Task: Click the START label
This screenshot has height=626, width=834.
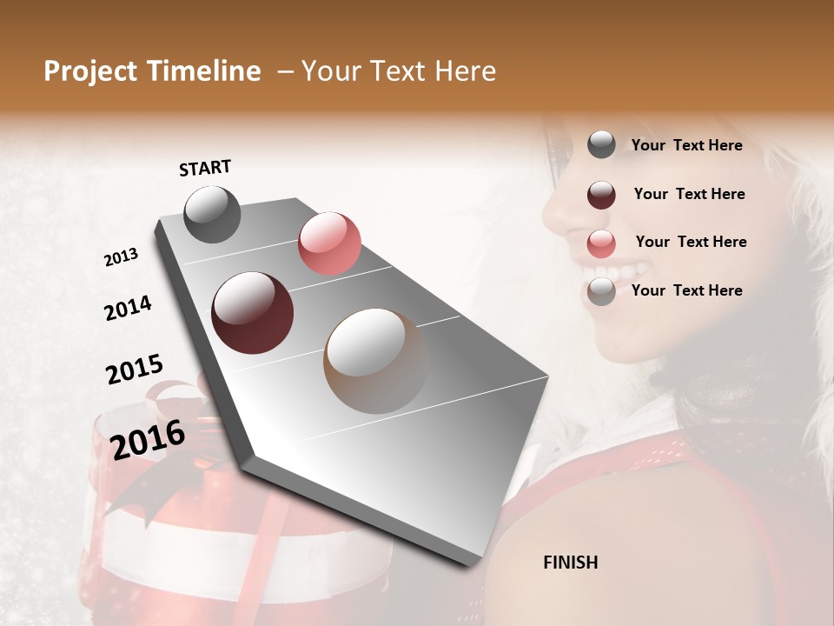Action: click(205, 168)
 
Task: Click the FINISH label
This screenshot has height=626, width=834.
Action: click(570, 563)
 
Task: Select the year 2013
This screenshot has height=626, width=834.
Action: click(121, 257)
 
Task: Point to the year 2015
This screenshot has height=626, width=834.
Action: click(134, 370)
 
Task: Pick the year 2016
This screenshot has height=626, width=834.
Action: click(148, 439)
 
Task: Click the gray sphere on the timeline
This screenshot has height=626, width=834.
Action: click(212, 214)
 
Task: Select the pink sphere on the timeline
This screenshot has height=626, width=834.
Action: click(329, 243)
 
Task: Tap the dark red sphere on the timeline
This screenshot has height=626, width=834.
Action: click(252, 312)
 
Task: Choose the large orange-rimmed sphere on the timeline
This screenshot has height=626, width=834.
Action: click(375, 360)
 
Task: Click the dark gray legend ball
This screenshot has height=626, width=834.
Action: click(601, 145)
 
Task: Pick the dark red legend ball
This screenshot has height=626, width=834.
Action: click(601, 195)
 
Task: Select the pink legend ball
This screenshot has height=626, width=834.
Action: click(601, 243)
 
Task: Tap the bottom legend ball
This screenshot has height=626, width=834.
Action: click(601, 291)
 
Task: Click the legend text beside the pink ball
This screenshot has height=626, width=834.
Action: click(691, 242)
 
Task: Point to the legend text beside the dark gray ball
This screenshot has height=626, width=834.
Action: click(686, 145)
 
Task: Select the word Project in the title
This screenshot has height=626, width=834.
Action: click(90, 71)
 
